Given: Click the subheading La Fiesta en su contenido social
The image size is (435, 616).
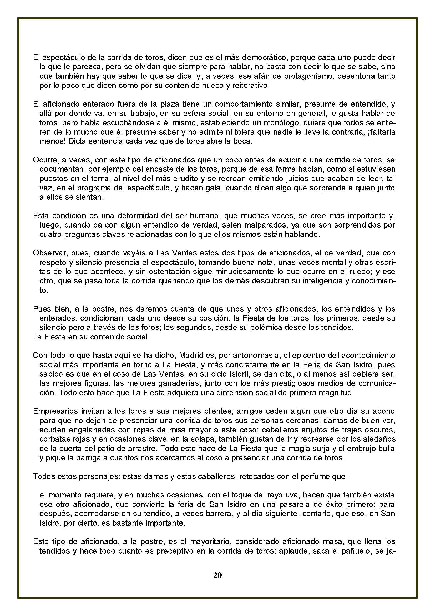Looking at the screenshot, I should click(x=90, y=337).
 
